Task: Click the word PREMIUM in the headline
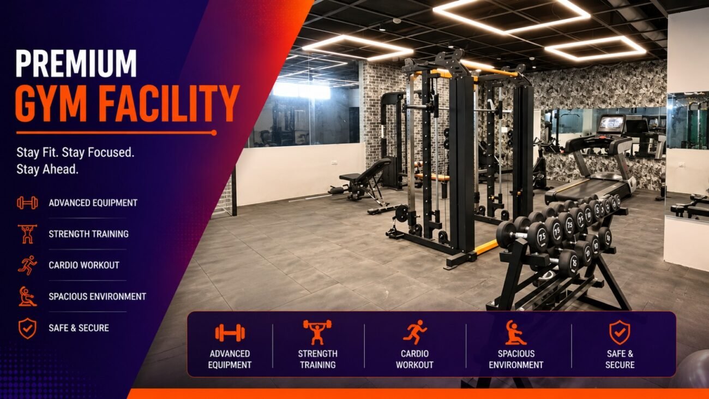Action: click(76, 63)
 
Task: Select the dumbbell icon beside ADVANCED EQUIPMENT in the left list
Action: click(27, 203)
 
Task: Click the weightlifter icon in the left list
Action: click(27, 234)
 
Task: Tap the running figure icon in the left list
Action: click(27, 265)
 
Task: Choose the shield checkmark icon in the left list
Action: click(27, 329)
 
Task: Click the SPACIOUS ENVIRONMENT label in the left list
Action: click(98, 297)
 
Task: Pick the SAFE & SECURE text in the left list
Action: click(79, 328)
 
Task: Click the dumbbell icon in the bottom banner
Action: click(230, 333)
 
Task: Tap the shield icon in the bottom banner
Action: click(620, 332)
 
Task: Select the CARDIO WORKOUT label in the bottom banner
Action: click(414, 359)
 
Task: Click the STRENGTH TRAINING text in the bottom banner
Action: click(318, 359)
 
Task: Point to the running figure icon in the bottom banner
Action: click(414, 332)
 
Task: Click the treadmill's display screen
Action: click(611, 123)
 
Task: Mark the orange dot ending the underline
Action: click(214, 133)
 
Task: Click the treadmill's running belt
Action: click(586, 187)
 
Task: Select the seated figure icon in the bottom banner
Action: click(515, 332)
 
